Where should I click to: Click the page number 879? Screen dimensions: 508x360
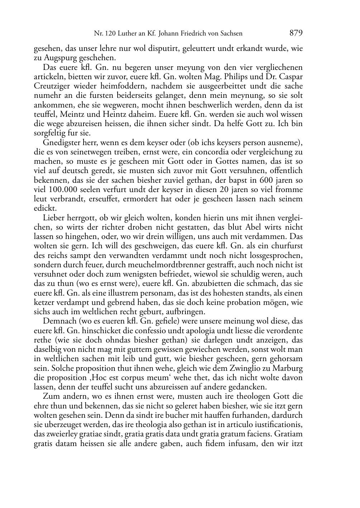click(x=296, y=33)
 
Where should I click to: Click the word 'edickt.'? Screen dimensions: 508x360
click(x=44, y=208)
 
